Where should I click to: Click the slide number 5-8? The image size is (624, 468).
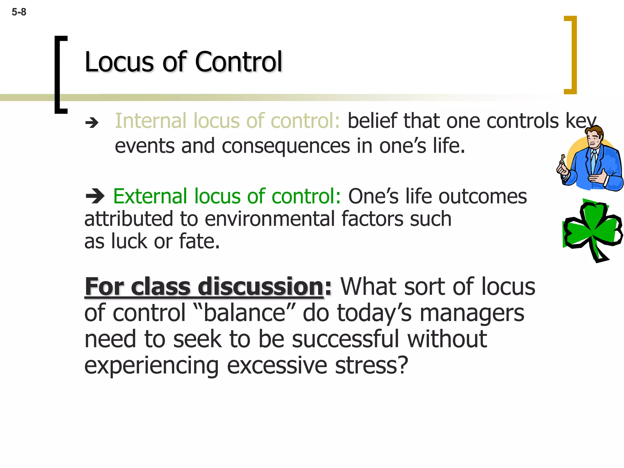tap(19, 12)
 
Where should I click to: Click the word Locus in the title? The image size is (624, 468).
tap(119, 62)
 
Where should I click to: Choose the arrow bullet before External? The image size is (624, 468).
tap(95, 196)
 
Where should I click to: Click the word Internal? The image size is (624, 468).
tap(151, 121)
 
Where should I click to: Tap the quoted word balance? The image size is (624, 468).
tap(244, 313)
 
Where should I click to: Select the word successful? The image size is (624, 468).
tap(345, 339)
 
